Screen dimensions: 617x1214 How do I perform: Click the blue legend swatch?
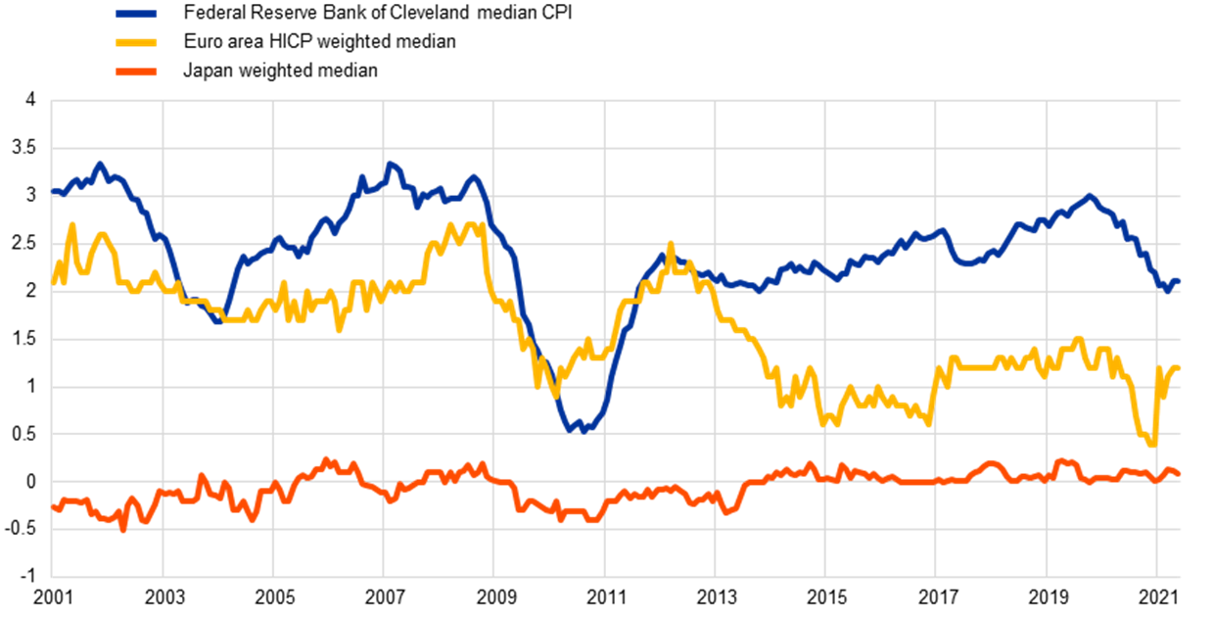coord(136,14)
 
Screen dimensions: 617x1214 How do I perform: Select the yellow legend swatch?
coord(136,42)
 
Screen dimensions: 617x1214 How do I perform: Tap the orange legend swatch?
coord(136,71)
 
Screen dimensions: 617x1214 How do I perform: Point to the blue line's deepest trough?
coord(584,430)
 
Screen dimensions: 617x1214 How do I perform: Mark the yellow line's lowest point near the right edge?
coord(1152,444)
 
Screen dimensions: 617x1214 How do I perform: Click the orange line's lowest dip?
coord(123,529)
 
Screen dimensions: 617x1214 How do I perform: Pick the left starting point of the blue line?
coord(53,191)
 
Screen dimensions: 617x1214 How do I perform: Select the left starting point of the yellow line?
coord(53,282)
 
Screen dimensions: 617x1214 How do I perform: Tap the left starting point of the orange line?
coord(53,507)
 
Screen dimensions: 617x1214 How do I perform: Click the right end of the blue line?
coord(1179,281)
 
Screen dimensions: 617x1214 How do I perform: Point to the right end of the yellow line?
coord(1179,367)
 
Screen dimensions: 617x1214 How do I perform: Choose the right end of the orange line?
coord(1179,474)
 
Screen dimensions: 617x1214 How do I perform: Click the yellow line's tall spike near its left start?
coord(72,225)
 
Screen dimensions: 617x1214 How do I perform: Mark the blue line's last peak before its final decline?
coord(1090,196)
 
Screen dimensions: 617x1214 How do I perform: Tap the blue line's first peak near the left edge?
coord(99,164)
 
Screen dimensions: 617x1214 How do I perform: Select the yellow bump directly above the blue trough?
coord(587,340)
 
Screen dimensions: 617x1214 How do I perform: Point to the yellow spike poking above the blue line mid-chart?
coord(671,244)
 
